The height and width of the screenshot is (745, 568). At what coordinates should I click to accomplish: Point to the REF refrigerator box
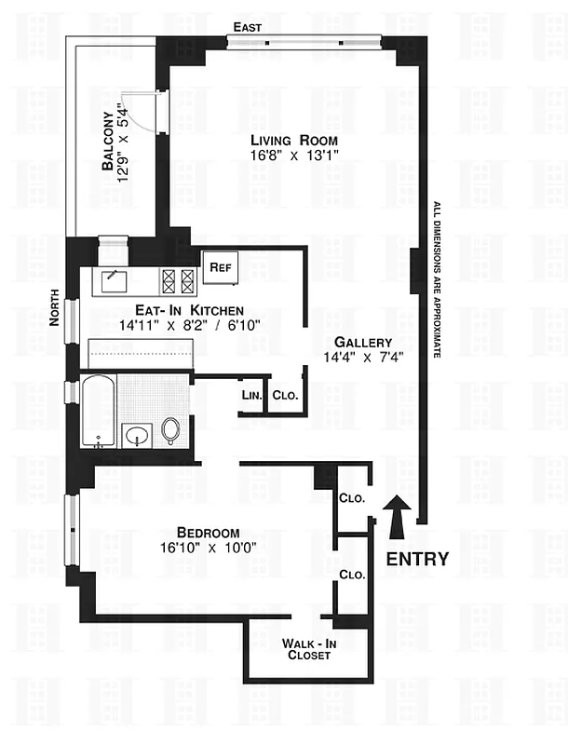(x=221, y=267)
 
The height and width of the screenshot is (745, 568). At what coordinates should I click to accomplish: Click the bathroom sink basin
(x=137, y=435)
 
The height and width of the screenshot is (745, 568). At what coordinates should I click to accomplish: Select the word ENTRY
(x=417, y=560)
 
